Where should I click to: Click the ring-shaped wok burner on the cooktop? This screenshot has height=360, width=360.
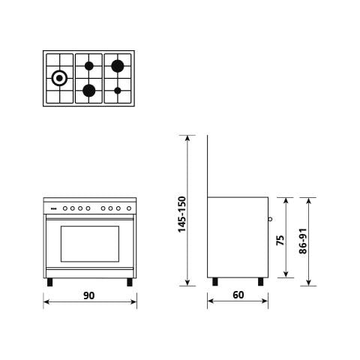59,76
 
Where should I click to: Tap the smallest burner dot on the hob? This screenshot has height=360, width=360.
118,91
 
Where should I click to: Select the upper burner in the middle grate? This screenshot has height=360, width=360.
88,65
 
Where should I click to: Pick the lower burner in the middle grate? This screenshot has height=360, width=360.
88,91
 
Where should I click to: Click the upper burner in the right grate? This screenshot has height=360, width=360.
118,65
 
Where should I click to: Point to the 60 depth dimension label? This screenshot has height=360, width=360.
238,295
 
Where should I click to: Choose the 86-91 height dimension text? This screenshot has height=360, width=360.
304,241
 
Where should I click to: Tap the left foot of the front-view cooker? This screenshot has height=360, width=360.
50,283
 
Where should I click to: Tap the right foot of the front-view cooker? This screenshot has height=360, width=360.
130,283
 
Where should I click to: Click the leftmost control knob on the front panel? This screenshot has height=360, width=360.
65,208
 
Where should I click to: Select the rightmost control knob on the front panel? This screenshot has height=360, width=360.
124,208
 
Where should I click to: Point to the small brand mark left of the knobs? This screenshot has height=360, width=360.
52,208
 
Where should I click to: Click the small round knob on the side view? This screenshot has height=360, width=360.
270,220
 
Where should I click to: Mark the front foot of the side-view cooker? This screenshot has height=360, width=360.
260,282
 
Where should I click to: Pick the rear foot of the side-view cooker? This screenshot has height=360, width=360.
216,282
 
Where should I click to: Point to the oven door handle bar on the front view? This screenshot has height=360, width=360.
90,218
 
